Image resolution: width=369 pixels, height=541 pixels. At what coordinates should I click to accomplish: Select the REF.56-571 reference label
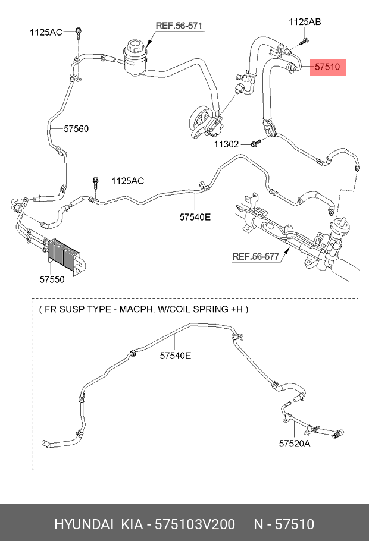point(179,26)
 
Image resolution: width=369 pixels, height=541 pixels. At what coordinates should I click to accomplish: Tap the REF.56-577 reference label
point(255,257)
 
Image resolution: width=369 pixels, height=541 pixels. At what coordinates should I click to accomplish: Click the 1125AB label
point(305,22)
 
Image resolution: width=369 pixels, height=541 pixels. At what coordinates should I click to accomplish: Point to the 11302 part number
point(227,144)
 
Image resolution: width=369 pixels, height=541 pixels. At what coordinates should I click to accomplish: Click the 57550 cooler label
point(52,279)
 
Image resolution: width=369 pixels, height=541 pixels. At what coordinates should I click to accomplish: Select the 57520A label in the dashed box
point(295,443)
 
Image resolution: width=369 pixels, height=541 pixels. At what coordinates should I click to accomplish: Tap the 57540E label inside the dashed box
point(175,356)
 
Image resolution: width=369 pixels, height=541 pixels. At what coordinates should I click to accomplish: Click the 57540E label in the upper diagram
point(195,217)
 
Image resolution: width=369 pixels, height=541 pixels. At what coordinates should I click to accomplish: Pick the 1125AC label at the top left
point(46,32)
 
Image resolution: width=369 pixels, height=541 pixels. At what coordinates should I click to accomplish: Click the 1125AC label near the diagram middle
point(127,181)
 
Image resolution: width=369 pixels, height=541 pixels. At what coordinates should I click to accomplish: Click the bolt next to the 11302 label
point(255,143)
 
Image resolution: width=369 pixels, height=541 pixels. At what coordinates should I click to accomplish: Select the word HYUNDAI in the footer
point(83,524)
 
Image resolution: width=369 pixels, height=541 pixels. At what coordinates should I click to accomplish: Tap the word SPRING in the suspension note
point(211,309)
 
